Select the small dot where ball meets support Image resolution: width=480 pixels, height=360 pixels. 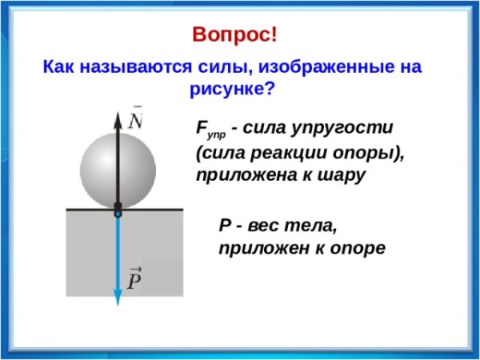[x=118, y=214]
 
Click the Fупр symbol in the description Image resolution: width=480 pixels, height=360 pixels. [x=206, y=130]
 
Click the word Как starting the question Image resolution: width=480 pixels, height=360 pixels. [x=60, y=67]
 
